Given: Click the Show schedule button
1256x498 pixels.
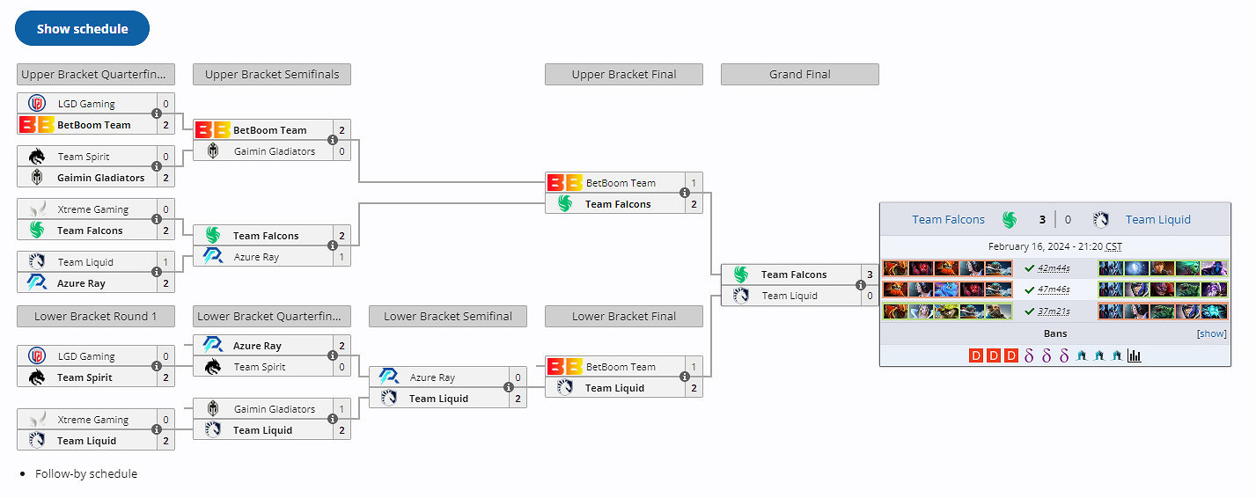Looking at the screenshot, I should pos(82,29).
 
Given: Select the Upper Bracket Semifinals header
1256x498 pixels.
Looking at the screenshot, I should pos(271,75).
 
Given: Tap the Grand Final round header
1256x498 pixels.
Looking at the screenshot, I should pos(799,75).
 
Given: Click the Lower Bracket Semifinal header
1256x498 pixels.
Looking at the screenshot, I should pos(447,317).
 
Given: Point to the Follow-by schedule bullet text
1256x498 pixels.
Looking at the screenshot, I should pos(86,473).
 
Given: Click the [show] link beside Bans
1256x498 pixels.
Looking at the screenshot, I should pos(1211,334).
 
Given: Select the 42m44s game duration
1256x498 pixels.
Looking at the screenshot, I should pos(1054,268).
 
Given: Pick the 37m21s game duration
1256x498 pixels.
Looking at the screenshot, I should pos(1054,311).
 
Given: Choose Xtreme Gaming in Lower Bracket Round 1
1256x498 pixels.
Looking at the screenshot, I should pos(92,421).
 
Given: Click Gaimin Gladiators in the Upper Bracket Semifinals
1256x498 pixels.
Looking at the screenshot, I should pos(274,151).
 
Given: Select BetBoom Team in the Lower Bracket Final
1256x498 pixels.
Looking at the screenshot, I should pos(621,367).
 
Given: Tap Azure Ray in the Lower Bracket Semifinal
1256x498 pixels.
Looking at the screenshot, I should pos(432,377).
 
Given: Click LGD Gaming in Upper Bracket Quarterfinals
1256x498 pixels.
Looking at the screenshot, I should pos(86,104).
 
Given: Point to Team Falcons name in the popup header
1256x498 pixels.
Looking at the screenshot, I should pos(948,220).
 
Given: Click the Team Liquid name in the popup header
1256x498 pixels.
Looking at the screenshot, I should pos(1157,220).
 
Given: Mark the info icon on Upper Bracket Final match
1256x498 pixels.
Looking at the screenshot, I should pos(685,194).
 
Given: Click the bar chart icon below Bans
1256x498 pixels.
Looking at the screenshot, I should pos(1135,356).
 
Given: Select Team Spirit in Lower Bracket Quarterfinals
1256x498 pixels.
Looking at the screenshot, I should pos(260,367).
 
